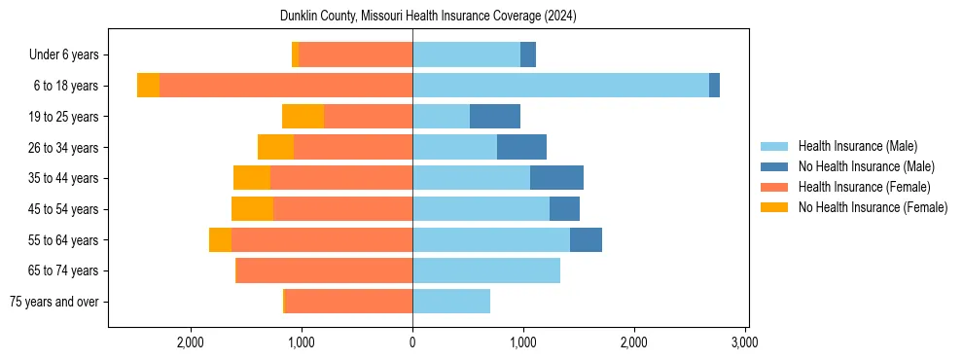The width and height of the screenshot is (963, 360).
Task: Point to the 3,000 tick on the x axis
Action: point(744,342)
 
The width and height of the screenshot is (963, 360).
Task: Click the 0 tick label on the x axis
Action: point(412,342)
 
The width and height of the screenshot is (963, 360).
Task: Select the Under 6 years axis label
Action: point(63,55)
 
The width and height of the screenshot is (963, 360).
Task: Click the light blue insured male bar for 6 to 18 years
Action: point(560,86)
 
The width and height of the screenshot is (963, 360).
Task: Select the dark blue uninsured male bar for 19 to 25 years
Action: point(495,117)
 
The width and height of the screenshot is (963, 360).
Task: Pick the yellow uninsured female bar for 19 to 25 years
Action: point(303,117)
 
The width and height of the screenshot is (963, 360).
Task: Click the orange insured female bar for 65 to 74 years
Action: point(325,270)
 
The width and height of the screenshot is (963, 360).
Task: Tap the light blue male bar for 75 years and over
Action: point(451,302)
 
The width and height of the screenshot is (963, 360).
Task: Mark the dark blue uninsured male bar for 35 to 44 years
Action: point(556,178)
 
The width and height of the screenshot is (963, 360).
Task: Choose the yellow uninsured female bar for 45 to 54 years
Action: point(252,209)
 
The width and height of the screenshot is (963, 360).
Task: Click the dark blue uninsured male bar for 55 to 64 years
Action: point(586,239)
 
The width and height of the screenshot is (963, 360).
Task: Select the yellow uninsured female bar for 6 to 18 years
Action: point(148,86)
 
